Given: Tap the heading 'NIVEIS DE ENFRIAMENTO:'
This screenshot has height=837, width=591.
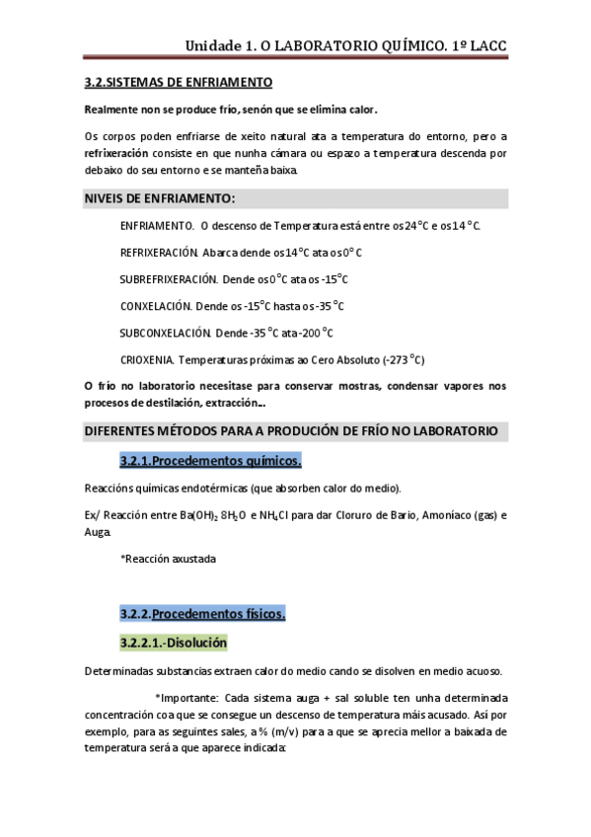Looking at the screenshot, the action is pyautogui.click(x=158, y=198).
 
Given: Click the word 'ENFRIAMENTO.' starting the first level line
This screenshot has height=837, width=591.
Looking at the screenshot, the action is pyautogui.click(x=157, y=226).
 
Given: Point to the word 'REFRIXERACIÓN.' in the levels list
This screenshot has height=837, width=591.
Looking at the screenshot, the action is pyautogui.click(x=159, y=253).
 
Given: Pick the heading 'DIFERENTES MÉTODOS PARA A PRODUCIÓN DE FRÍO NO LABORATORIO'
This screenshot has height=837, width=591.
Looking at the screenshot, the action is pyautogui.click(x=290, y=431).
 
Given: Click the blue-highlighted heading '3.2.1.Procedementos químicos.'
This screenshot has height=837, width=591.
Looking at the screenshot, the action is pyautogui.click(x=210, y=461).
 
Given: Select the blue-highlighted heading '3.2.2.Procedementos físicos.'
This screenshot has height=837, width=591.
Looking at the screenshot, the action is pyautogui.click(x=202, y=614).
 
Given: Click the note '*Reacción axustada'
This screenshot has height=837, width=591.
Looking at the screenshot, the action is pyautogui.click(x=168, y=559).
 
